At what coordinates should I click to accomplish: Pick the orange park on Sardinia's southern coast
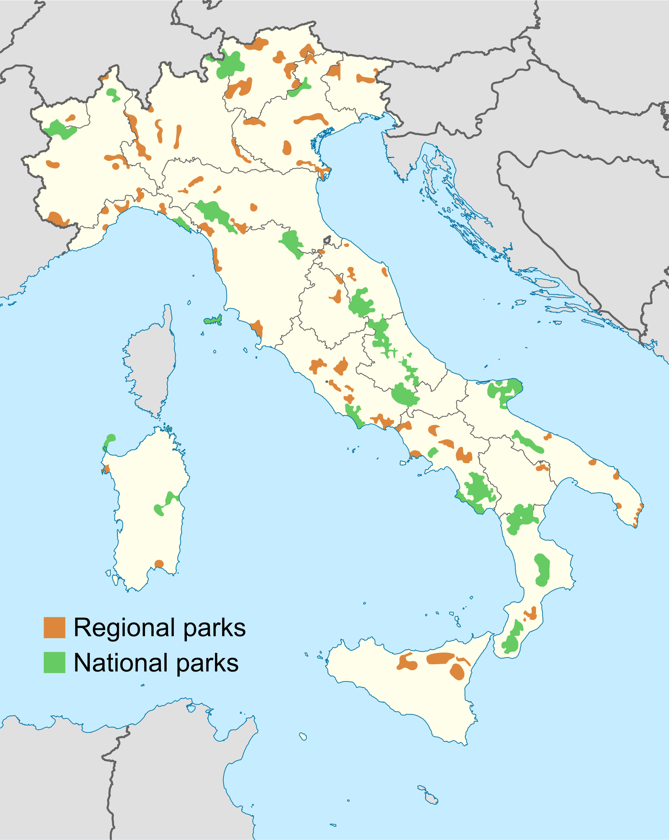(x=159, y=564)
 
